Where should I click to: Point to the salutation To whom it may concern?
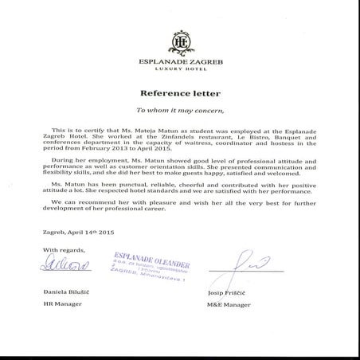180,110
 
